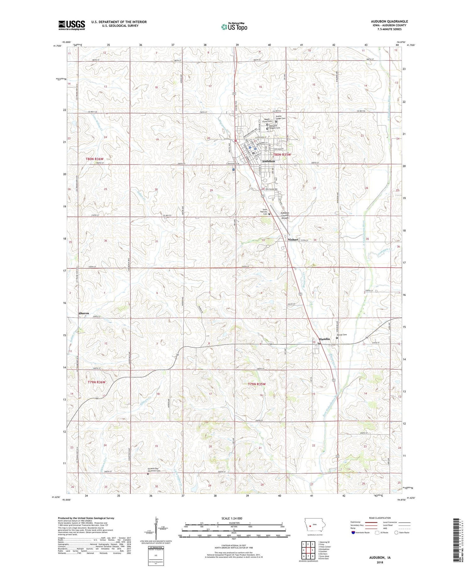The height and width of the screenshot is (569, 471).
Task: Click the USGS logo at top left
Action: coord(72,25)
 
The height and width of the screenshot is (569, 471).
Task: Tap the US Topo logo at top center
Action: coord(234,27)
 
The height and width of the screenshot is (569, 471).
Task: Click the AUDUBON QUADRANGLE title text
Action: coord(389,21)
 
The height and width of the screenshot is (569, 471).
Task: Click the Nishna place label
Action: coord(292,239)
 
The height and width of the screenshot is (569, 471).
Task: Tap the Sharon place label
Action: coord(84,313)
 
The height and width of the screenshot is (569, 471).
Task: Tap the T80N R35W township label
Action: coord(282,155)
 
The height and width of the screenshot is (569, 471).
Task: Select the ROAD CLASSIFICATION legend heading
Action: coord(380,518)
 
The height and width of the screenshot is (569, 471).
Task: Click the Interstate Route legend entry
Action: coord(361,533)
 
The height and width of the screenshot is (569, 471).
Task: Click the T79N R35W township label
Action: coord(257,384)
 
